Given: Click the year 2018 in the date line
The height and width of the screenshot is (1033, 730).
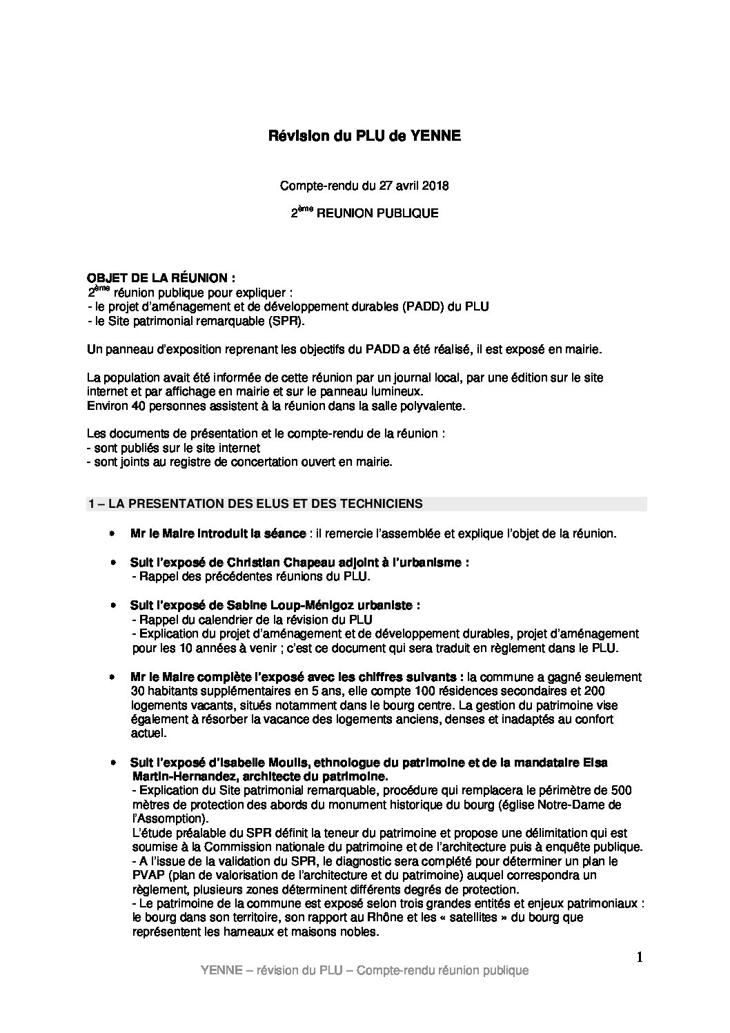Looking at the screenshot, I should [435, 186].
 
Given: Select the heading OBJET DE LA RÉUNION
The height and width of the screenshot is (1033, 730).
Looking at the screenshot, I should [161, 278].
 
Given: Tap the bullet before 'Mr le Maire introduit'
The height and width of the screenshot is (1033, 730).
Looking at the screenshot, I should [112, 534].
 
